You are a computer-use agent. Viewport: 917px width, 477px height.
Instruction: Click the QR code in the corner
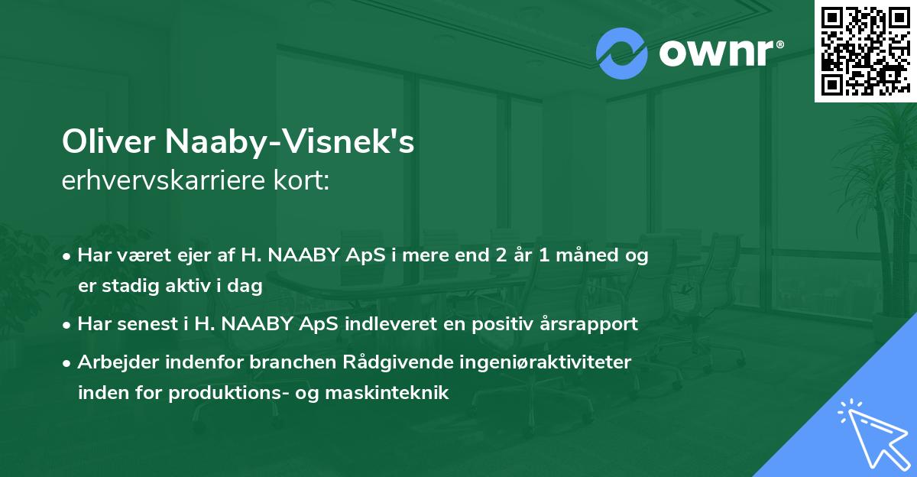(865, 50)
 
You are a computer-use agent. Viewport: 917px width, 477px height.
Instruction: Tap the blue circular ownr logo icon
(621, 53)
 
